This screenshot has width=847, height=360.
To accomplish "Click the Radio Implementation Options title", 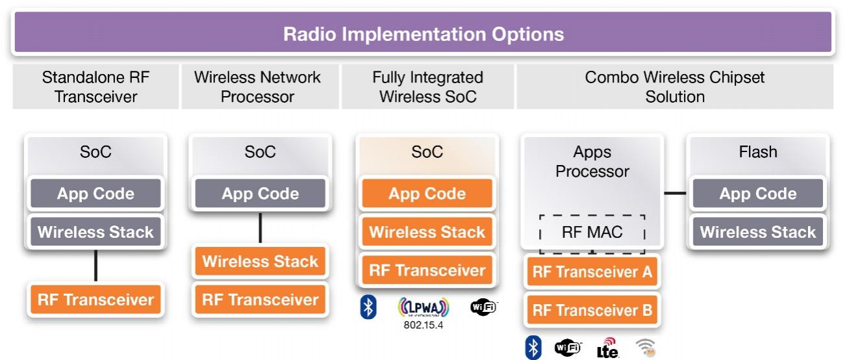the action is tap(423, 34).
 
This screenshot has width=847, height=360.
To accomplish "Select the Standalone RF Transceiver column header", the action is tap(95, 86).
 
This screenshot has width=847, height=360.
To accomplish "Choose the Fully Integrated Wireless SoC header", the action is tap(427, 86).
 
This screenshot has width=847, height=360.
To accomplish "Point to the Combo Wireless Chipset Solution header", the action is tap(675, 86).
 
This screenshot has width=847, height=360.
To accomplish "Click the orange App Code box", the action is tap(427, 194).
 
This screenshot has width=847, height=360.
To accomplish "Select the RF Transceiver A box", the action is tap(592, 272).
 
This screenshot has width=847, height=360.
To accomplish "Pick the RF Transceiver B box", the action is tap(592, 310).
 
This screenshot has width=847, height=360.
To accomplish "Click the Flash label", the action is tap(758, 152).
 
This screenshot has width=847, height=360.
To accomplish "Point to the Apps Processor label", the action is tap(592, 161).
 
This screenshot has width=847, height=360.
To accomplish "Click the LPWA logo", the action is tap(423, 307).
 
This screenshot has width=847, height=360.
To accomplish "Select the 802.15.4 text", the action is tap(423, 325).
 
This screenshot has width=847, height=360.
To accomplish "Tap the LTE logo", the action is tap(607, 348).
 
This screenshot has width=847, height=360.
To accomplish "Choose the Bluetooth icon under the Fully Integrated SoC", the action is tap(368, 307).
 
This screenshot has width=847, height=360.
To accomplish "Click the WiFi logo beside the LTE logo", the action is tap(568, 348).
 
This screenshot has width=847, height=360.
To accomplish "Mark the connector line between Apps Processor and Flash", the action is tap(675, 193).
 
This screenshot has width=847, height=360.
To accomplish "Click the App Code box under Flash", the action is tap(758, 194).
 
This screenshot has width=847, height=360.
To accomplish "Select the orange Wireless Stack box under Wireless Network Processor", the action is tap(260, 261).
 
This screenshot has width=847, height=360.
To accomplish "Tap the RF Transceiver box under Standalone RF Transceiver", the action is tap(95, 300).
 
